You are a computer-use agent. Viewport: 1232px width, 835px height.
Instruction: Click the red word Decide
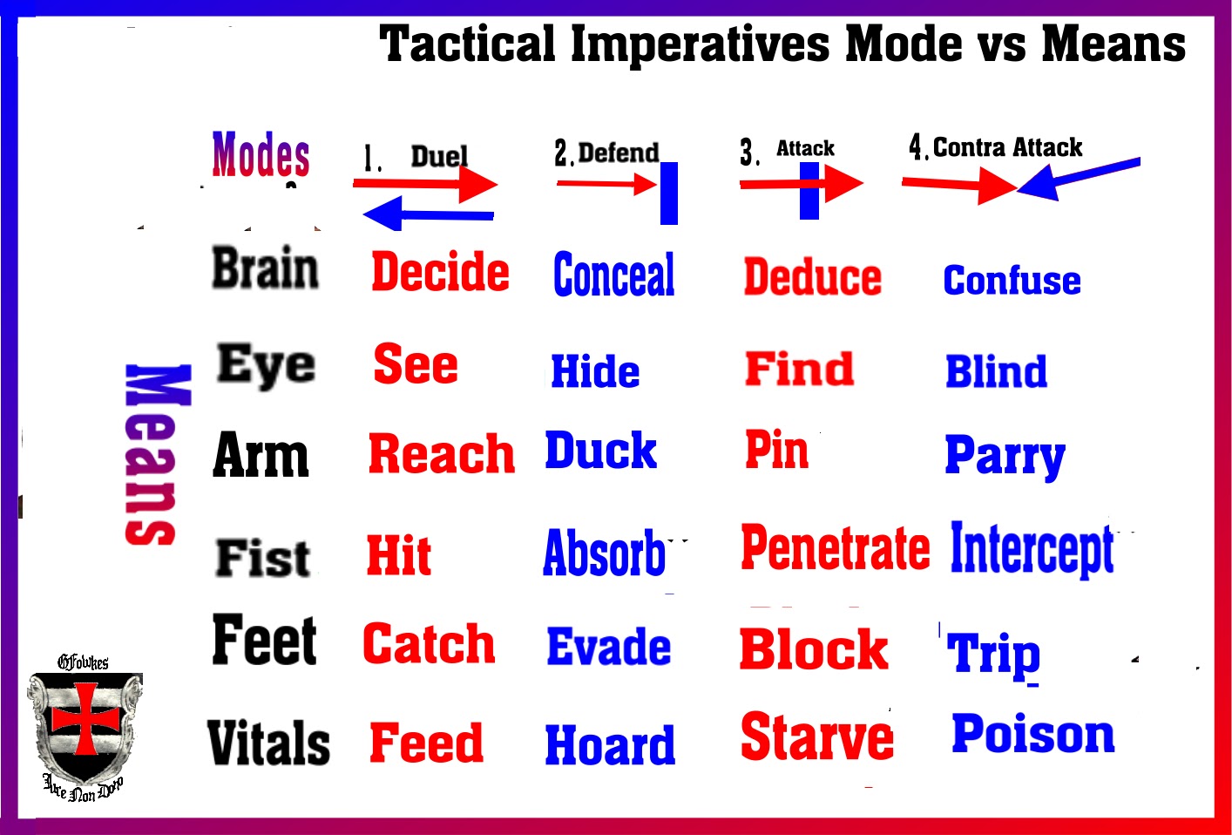(440, 271)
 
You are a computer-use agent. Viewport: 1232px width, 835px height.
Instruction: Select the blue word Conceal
(613, 275)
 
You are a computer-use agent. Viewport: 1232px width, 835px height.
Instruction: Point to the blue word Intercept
(1032, 549)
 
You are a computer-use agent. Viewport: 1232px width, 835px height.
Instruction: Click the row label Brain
(266, 268)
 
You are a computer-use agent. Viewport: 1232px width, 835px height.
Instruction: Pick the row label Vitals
(268, 743)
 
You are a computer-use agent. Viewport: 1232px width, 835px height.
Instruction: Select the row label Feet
(264, 641)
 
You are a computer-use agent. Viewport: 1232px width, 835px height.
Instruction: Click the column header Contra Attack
(1006, 147)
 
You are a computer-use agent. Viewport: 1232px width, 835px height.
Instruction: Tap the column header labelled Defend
(618, 153)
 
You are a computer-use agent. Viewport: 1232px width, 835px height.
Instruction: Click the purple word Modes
(261, 155)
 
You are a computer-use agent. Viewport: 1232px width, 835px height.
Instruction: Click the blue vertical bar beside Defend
(668, 193)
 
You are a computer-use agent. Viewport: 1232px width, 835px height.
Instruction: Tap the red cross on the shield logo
(85, 718)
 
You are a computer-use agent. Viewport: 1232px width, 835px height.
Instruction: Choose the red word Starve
(816, 737)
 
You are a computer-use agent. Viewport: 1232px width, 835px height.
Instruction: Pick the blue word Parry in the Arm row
(1005, 455)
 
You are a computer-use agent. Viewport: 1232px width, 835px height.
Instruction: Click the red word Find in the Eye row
(799, 369)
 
